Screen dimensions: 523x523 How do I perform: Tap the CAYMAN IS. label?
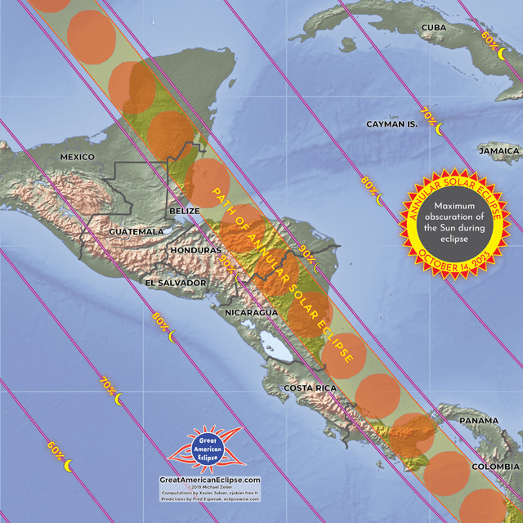(391, 123)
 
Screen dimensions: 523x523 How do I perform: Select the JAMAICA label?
(499, 151)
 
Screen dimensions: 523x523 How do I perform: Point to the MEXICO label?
(78, 157)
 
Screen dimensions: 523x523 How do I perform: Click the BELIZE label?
(184, 211)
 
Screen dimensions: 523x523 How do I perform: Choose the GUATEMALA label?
(136, 232)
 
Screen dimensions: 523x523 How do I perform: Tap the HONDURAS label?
(195, 250)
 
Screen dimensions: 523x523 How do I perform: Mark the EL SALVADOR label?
(176, 283)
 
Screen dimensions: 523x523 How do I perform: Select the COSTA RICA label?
(310, 387)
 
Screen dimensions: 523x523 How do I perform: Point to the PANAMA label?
(478, 421)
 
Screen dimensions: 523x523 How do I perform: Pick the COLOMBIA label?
(493, 467)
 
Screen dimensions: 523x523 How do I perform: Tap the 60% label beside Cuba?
(489, 38)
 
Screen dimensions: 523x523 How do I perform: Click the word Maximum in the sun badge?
(454, 205)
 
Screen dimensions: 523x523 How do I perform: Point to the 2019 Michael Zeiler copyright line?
(210, 488)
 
